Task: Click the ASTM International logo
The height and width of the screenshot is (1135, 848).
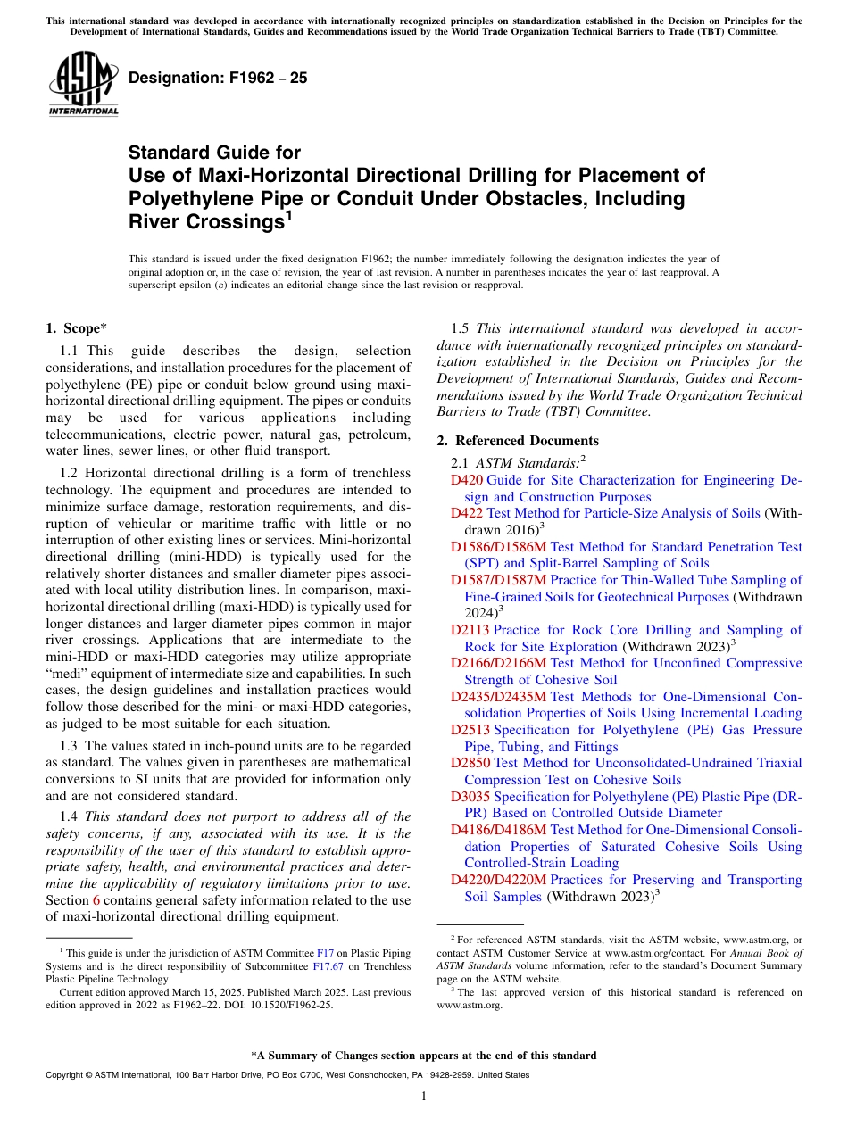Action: point(83,84)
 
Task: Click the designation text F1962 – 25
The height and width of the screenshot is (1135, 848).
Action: point(218,79)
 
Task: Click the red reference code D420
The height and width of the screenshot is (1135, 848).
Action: point(467,480)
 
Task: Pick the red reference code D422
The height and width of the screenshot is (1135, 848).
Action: point(467,513)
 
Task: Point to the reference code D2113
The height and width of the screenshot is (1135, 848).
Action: point(470,630)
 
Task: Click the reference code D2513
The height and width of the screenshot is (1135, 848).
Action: point(470,730)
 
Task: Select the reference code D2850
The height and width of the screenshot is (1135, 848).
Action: point(470,763)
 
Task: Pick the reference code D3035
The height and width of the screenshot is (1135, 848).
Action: point(470,796)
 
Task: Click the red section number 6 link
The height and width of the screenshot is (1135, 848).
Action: point(96,900)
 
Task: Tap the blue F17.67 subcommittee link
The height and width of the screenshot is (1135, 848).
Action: point(326,965)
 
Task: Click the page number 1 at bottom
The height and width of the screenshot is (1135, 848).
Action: point(424,1096)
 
